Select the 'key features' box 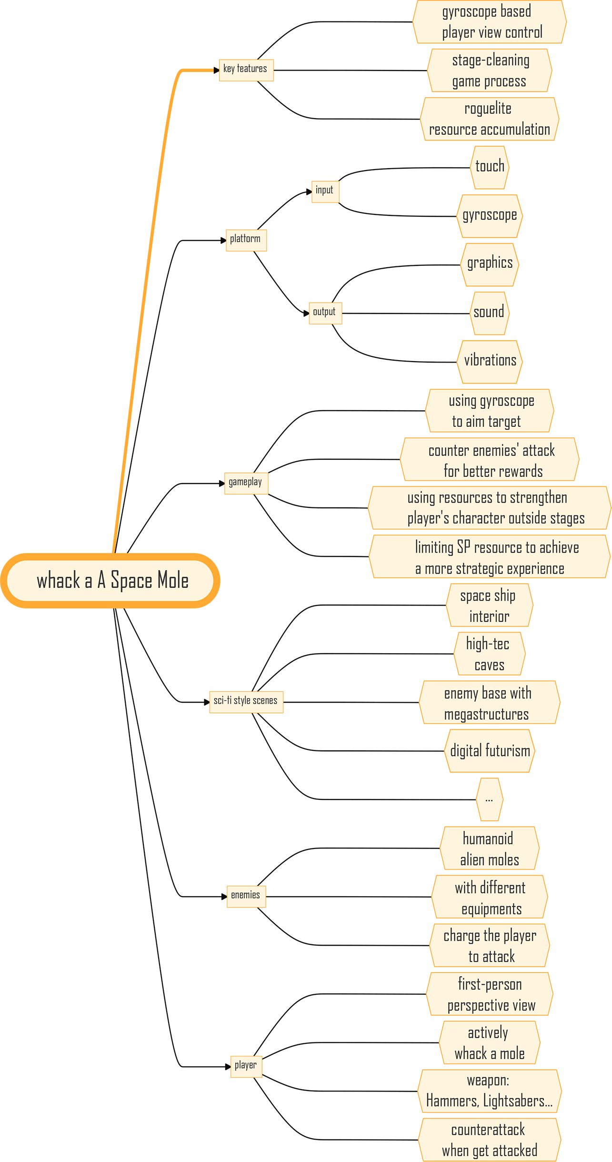[246, 70]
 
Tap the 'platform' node [246, 240]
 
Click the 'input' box [325, 191]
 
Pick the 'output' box [325, 313]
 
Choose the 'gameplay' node [246, 483]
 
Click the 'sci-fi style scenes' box [246, 701]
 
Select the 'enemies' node [246, 896]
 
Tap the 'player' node [246, 1066]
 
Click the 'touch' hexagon [490, 167]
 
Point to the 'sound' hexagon [489, 313]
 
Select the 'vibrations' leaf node [490, 361]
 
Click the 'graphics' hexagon [490, 264]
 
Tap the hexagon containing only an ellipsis [489, 799]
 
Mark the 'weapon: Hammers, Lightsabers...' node [490, 1091]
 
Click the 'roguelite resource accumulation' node [489, 119]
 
